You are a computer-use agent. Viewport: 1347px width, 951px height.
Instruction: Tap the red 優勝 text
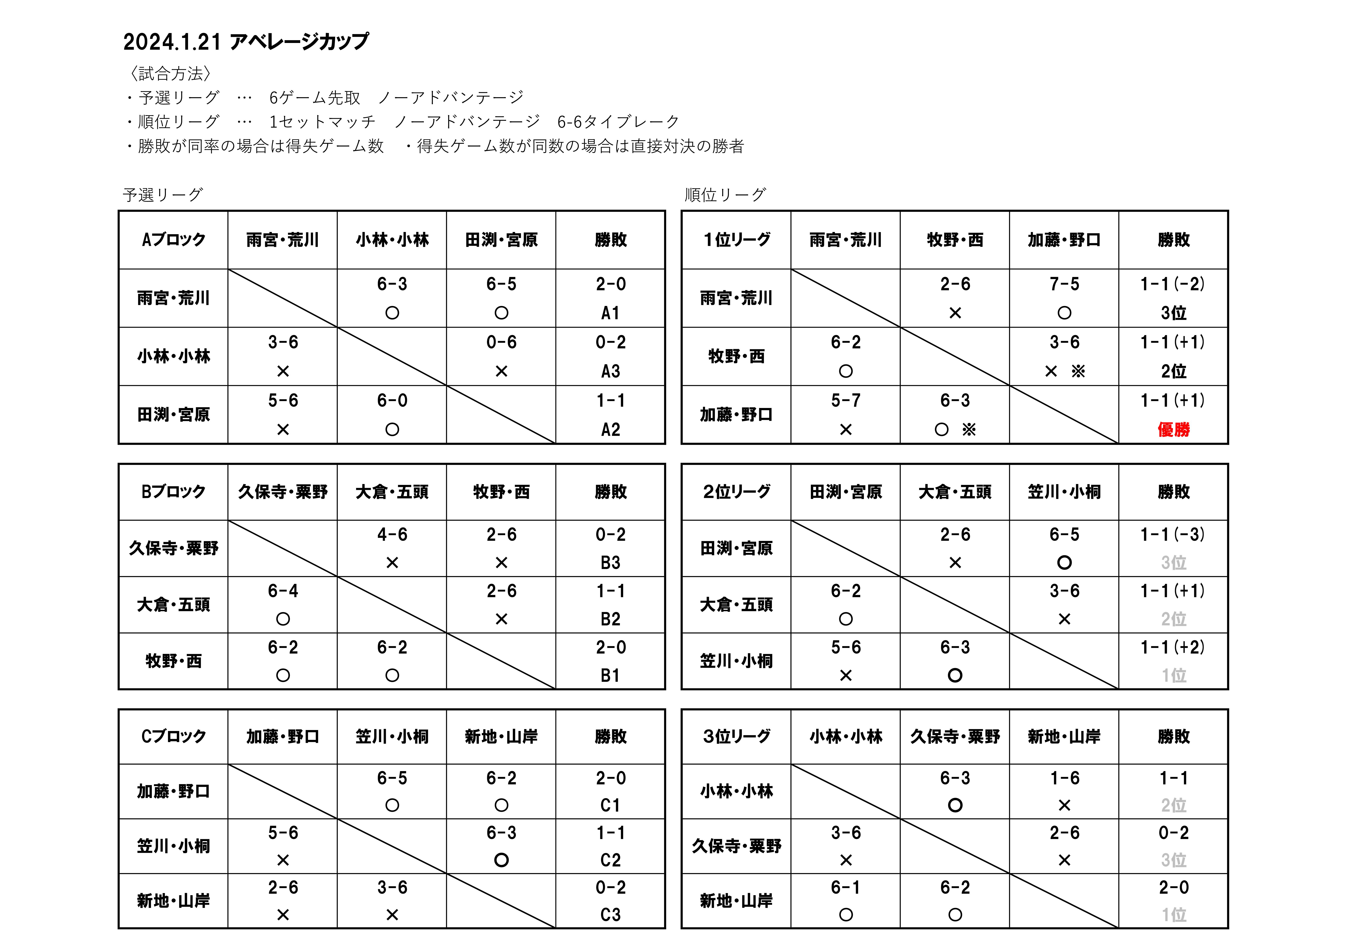1173,430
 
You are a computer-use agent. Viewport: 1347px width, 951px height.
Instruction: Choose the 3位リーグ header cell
736,736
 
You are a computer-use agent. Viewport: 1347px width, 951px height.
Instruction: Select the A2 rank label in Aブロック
610,430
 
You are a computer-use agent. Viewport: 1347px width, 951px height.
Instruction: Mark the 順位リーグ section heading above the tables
725,195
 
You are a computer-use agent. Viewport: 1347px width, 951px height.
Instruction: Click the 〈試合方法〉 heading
170,74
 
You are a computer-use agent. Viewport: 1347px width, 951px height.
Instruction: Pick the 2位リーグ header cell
736,492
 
